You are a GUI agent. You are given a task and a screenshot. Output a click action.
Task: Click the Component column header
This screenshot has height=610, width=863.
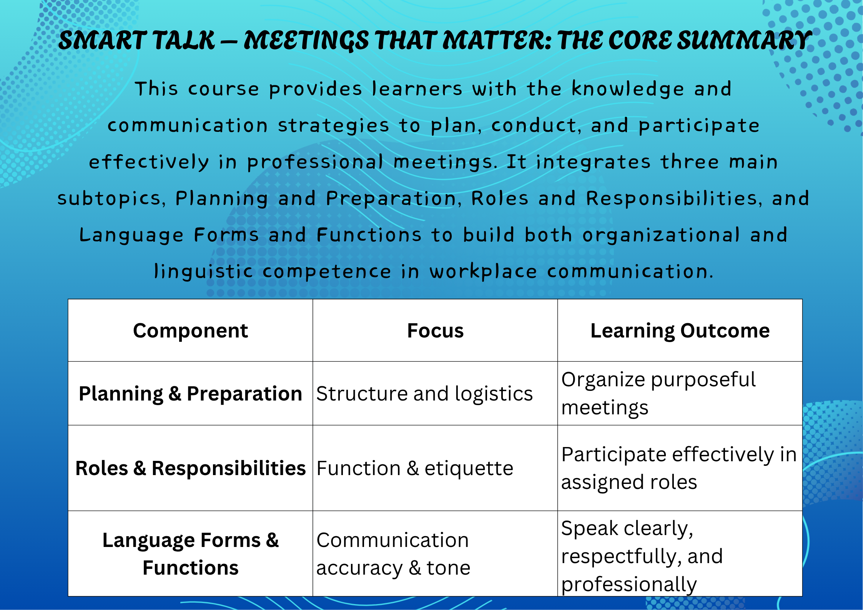(x=190, y=331)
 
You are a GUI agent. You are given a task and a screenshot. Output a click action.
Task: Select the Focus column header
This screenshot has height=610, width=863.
(x=435, y=331)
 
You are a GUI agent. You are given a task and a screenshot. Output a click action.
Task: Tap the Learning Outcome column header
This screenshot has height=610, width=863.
(x=680, y=331)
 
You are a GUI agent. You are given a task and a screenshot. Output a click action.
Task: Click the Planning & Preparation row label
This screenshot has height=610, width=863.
(x=190, y=394)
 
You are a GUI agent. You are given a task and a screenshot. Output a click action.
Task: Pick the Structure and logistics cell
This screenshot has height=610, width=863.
(x=424, y=394)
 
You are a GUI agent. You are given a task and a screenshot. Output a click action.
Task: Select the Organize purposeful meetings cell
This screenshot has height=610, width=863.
(x=658, y=394)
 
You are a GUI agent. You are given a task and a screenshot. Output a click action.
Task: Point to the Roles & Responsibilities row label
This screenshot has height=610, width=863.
(x=190, y=468)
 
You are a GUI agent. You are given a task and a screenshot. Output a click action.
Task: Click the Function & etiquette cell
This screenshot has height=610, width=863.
(x=415, y=468)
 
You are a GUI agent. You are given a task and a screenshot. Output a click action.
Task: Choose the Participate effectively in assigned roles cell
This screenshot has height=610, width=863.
(x=679, y=468)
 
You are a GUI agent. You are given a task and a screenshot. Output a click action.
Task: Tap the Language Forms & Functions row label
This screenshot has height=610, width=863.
(x=190, y=554)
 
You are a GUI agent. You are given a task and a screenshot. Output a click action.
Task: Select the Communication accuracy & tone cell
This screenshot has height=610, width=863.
(x=393, y=554)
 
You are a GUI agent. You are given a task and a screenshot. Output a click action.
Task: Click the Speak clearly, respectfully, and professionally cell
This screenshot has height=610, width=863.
(x=642, y=556)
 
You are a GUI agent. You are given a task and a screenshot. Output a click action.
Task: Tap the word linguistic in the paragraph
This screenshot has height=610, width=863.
(x=203, y=272)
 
